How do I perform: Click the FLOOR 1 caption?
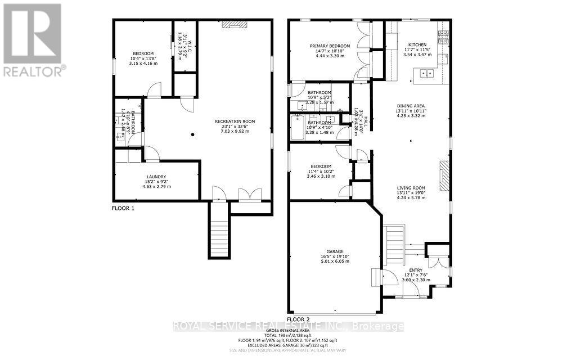point(123,208)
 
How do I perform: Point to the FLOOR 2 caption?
point(298,319)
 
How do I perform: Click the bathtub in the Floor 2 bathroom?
point(296,128)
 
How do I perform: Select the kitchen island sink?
point(427,73)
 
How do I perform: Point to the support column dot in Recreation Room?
point(192,134)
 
